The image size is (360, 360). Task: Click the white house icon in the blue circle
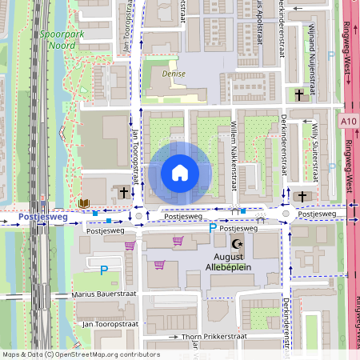[180, 173]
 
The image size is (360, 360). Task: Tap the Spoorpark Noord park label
[61, 40]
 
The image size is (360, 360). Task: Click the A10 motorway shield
[348, 122]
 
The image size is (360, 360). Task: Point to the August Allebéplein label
[207, 259]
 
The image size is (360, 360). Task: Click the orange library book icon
[84, 203]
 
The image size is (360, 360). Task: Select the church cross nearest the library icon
[124, 193]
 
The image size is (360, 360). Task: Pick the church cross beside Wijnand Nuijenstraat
[300, 95]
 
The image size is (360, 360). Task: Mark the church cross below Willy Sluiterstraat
[302, 196]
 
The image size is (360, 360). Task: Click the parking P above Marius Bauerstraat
[103, 271]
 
